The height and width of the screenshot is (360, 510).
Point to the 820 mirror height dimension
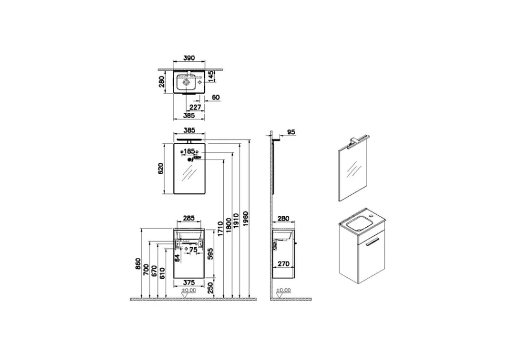pyautogui.click(x=160, y=169)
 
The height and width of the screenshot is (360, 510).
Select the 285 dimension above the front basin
pyautogui.click(x=188, y=219)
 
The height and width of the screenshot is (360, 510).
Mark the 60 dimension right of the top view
pyautogui.click(x=216, y=98)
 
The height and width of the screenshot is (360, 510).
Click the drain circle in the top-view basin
pyautogui.click(x=187, y=82)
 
